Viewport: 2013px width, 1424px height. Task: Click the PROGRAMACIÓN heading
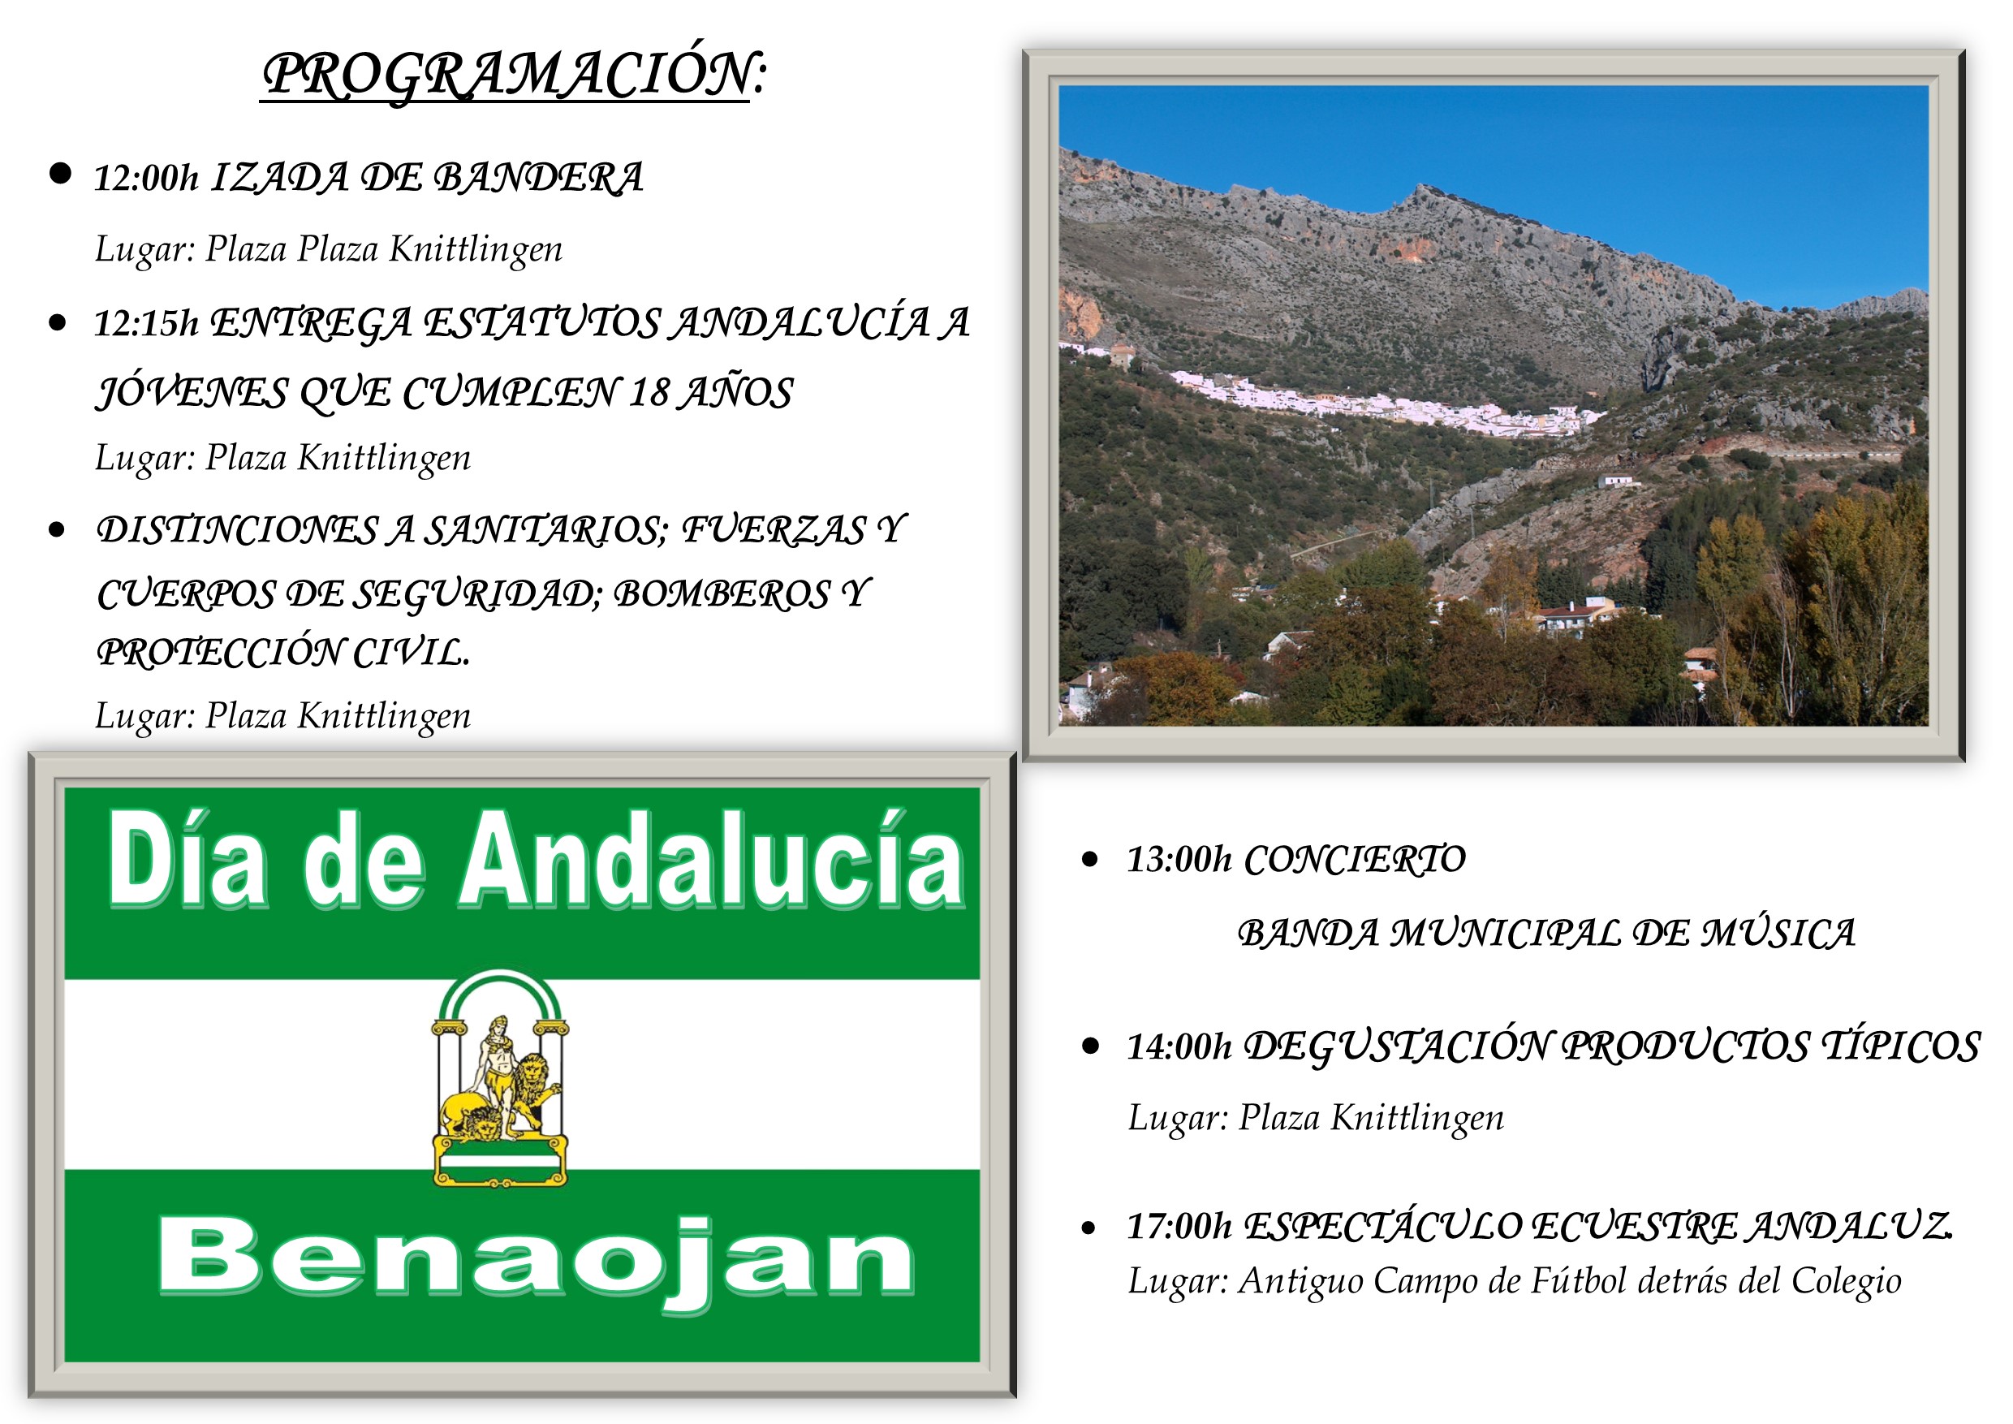pos(515,75)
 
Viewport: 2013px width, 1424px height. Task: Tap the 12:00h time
pos(146,178)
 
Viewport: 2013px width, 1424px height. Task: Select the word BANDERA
pos(539,177)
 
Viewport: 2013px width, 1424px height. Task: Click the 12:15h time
pos(146,324)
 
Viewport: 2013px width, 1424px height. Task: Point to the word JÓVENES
pos(191,392)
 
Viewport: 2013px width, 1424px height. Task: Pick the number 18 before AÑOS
pos(649,392)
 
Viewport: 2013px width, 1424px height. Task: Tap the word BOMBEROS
pos(721,593)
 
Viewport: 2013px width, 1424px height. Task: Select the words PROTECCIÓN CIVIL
pos(283,651)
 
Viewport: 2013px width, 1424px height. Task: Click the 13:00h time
pos(1179,859)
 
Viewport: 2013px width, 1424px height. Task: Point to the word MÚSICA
pos(1778,933)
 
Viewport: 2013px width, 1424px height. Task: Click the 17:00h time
pos(1179,1226)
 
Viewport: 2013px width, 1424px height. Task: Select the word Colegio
pos(1847,1281)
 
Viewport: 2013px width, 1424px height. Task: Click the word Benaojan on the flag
pos(536,1259)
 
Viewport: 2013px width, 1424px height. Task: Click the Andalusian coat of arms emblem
pos(500,1077)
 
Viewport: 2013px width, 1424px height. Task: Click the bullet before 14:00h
pos(1091,1046)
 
